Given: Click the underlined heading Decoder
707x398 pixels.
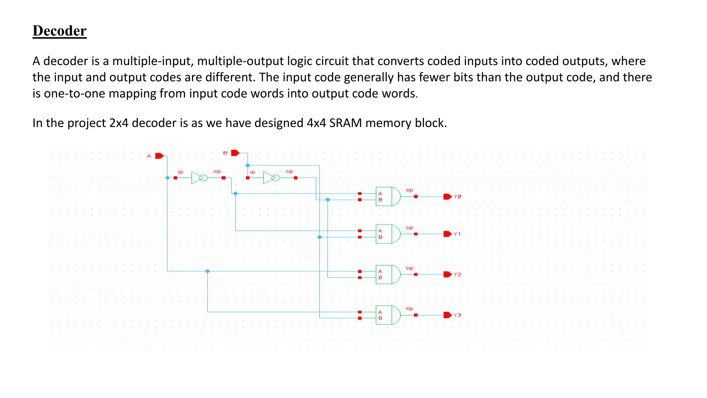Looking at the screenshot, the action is [59, 31].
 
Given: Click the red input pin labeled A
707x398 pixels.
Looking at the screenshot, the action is [159, 156].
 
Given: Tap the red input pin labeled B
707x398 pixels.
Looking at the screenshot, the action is [235, 153].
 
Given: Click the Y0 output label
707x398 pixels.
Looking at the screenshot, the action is [457, 197].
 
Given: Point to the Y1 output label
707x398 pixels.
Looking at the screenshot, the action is [457, 234].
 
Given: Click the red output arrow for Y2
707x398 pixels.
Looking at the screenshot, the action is [447, 274].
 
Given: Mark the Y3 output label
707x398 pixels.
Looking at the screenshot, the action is [457, 315].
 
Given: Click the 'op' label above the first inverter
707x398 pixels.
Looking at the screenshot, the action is [217, 171].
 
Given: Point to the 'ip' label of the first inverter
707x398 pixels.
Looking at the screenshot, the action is [180, 172].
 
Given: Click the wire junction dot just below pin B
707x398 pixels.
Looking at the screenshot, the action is [248, 165].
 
